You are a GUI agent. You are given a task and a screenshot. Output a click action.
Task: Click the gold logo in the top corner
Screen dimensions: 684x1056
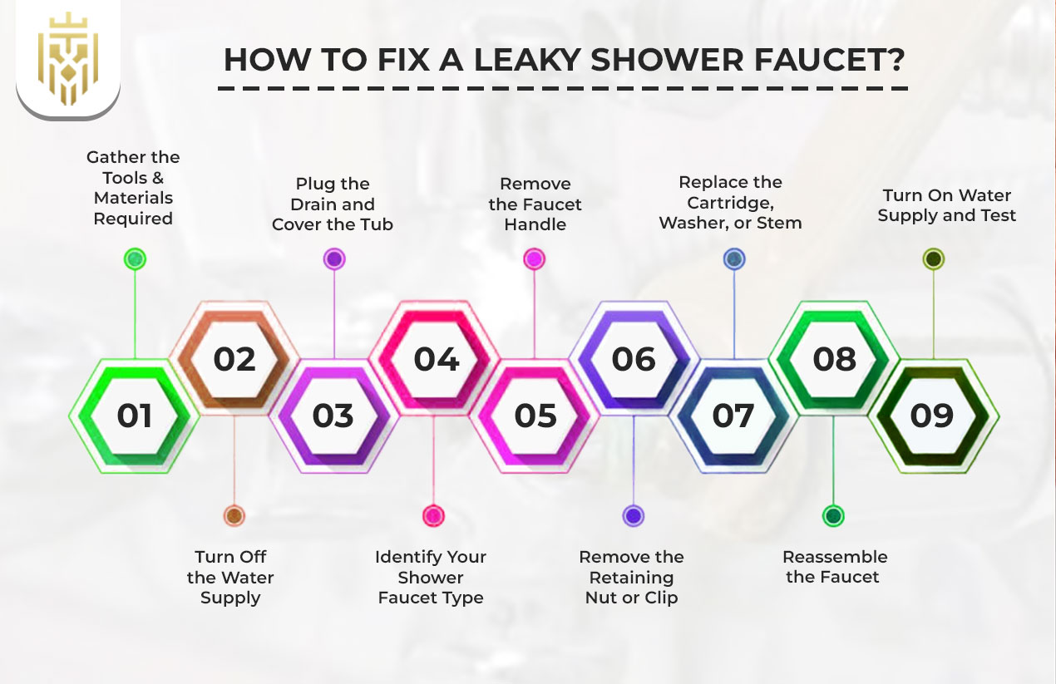[x=68, y=57]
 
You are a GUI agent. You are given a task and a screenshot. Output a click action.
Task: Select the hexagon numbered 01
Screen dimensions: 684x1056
[x=135, y=416]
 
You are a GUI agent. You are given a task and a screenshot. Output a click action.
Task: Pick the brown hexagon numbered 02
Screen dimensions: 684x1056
[x=234, y=359]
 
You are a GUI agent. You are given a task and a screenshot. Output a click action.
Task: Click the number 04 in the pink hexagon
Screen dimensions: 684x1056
[x=436, y=359]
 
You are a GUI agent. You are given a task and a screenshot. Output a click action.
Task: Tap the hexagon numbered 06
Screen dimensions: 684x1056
[x=634, y=359]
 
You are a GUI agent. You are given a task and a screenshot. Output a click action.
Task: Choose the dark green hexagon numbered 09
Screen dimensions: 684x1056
[x=932, y=416]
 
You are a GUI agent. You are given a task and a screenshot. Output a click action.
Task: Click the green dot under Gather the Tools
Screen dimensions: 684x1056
[x=135, y=259]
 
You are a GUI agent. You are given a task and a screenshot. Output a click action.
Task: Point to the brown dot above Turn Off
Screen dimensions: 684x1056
[x=234, y=516]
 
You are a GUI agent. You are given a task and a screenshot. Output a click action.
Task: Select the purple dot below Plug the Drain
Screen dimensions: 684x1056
[x=334, y=259]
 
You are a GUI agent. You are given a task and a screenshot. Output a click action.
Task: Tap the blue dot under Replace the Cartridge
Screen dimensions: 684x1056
[x=733, y=259]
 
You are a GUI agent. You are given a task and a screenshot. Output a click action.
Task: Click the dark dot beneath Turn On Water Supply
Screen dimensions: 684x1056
[x=933, y=259]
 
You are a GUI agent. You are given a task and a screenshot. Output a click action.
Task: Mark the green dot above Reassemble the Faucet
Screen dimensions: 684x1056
[x=833, y=516]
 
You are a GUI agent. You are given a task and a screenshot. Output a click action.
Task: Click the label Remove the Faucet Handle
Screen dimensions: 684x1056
[x=535, y=204]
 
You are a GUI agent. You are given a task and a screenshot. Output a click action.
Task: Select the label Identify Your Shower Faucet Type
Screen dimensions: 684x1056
[x=431, y=577]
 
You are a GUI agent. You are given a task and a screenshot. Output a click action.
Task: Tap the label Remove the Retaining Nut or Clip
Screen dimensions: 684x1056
[x=632, y=577]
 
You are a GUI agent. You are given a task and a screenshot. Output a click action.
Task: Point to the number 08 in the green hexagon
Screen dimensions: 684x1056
[x=834, y=359]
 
